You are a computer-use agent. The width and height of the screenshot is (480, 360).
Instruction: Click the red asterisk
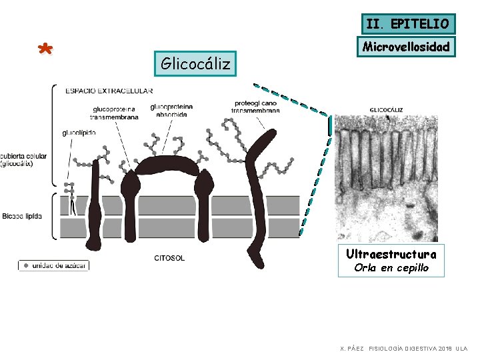point(45,51)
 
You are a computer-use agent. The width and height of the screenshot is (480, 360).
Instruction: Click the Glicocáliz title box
point(195,64)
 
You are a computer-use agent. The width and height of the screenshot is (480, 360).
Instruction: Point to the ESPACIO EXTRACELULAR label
point(109,91)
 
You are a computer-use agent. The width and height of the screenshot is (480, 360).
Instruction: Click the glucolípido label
point(79,133)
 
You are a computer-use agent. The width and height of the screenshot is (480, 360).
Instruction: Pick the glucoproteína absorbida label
point(171,110)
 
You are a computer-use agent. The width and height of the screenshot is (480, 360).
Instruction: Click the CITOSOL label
point(169,258)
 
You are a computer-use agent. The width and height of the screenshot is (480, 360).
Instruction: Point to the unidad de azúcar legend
point(53,265)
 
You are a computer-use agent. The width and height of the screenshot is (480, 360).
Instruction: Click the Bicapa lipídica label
point(22,216)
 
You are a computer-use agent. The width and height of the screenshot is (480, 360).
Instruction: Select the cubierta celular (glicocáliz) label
point(23,160)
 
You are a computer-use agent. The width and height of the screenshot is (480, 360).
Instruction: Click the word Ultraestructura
point(391,254)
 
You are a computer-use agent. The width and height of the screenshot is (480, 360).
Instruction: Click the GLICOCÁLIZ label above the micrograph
point(385,109)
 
